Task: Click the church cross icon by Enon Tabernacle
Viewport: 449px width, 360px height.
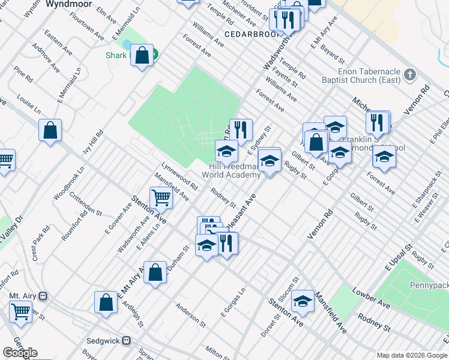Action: tap(410, 75)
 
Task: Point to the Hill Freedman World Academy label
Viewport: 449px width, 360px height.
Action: tap(235, 170)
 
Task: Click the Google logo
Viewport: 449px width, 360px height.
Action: tap(20, 353)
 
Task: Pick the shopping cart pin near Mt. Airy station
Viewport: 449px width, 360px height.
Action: tap(20, 311)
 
